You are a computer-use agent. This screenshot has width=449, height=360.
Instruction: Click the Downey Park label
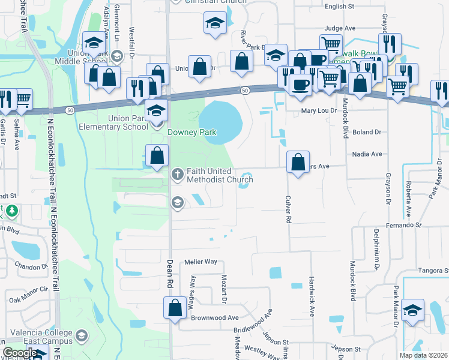click(x=191, y=132)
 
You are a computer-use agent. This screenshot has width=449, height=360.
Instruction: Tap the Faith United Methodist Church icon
click(x=177, y=174)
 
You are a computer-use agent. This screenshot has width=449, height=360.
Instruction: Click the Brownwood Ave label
click(x=215, y=317)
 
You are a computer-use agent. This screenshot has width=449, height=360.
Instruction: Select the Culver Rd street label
click(x=289, y=209)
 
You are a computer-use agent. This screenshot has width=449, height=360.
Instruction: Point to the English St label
click(x=339, y=7)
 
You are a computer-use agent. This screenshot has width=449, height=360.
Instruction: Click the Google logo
click(x=19, y=353)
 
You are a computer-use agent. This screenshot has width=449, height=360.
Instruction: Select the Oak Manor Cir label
click(x=28, y=293)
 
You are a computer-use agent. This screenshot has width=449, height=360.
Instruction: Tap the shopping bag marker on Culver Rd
click(x=298, y=162)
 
